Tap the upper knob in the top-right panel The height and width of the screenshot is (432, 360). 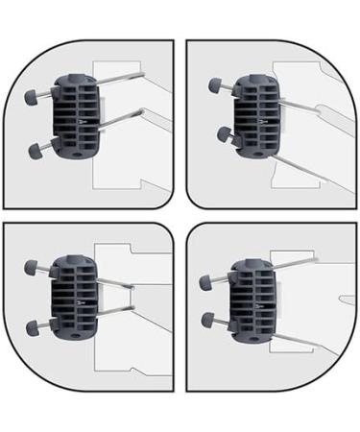click(x=214, y=87)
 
